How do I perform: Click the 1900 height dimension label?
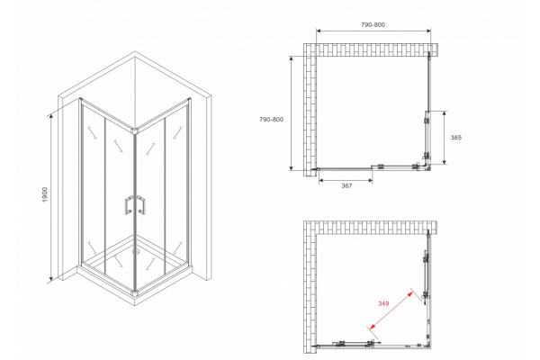44,194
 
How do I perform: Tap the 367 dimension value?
346,185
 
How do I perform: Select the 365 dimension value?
456,138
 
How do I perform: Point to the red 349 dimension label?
383,303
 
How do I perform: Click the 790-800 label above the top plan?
373,25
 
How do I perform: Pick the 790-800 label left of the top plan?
272,120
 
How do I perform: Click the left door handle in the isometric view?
128,205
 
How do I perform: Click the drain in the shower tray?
135,251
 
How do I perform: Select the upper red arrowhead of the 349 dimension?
409,294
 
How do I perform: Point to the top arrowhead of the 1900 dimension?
51,117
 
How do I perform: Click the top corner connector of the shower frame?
135,130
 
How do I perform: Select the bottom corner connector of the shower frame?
135,294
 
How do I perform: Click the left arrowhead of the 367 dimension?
321,180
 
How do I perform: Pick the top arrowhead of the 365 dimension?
445,113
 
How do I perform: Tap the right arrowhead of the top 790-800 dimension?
428,31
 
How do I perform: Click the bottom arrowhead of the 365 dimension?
445,161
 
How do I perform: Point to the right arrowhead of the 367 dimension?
370,180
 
